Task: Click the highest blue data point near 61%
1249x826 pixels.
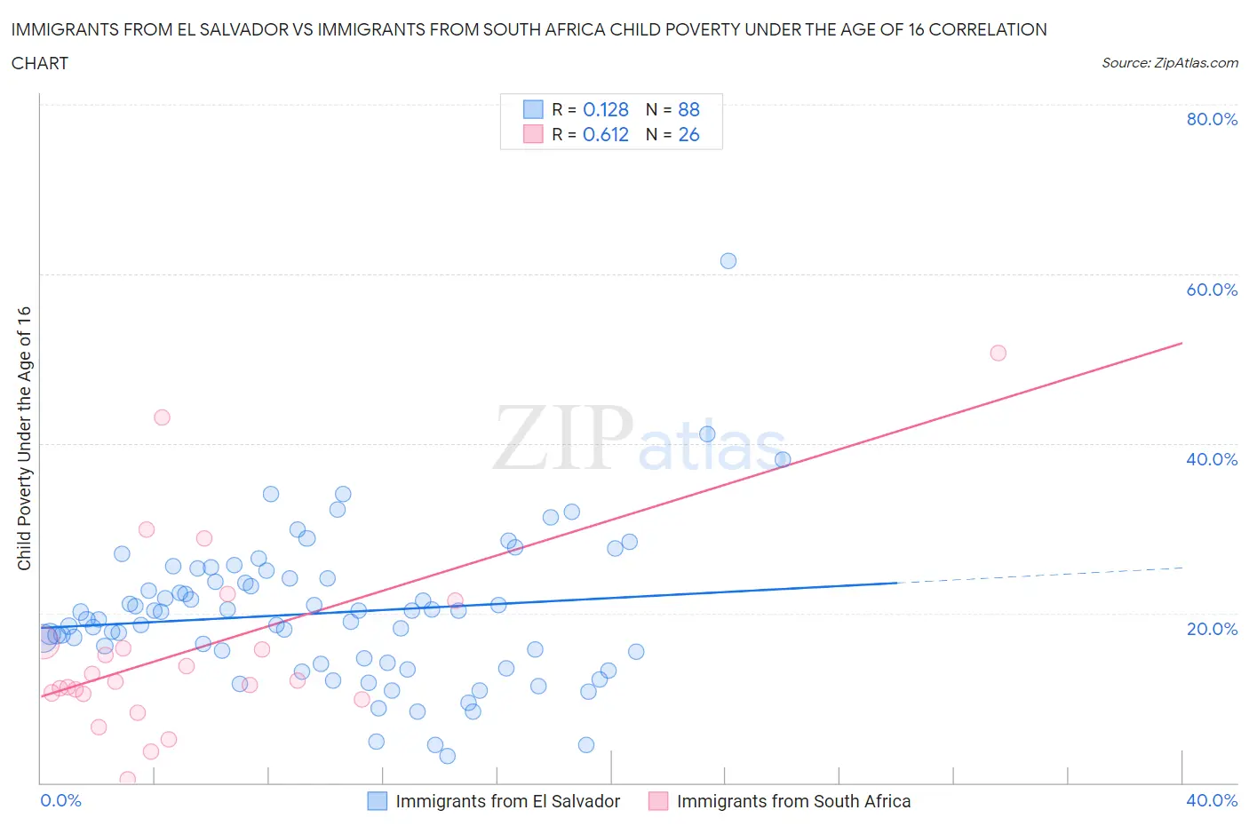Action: [x=728, y=261]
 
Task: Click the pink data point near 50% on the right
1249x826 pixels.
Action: [x=998, y=353]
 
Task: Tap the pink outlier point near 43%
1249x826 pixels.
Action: [x=162, y=417]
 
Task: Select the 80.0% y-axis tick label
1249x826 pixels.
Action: [x=1212, y=119]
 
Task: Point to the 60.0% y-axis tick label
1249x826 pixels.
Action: [x=1212, y=290]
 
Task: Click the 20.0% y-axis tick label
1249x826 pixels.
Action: [x=1212, y=629]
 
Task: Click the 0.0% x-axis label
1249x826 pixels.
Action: [x=61, y=800]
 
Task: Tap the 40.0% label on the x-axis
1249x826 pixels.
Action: [x=1212, y=800]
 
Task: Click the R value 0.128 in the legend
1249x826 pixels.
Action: [x=606, y=109]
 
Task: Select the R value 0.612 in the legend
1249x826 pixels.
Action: [x=606, y=134]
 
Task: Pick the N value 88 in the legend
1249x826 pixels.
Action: [x=688, y=109]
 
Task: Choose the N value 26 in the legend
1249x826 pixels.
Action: [x=688, y=134]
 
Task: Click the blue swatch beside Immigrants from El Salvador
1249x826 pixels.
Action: [x=378, y=801]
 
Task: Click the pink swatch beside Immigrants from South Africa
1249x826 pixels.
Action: [x=658, y=801]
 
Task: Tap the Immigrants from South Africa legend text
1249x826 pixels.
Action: [x=793, y=801]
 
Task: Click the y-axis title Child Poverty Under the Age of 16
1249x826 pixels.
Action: [x=24, y=438]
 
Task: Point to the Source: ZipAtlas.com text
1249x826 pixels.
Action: [x=1169, y=63]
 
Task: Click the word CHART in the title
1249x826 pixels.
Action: [x=40, y=63]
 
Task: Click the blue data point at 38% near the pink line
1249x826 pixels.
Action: [x=783, y=459]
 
